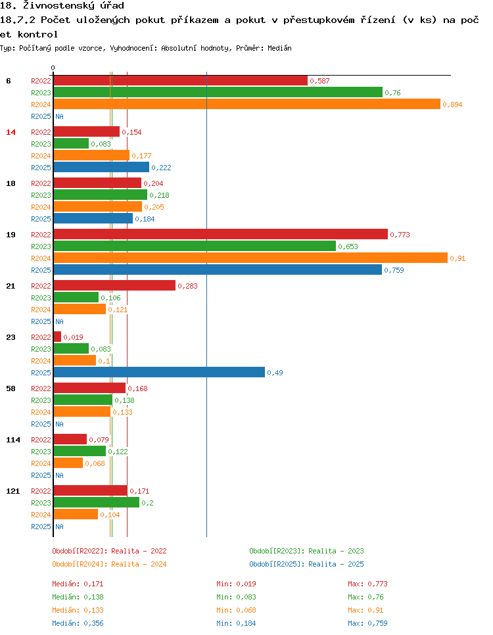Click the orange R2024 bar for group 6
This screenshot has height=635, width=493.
tap(246, 104)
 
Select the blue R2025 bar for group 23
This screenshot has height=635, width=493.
tap(159, 372)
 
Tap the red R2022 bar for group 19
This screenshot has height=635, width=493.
tap(220, 234)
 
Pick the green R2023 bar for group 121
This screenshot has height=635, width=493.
tap(97, 502)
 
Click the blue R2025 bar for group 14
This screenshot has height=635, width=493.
tap(101, 167)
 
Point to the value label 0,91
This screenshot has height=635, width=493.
tap(458, 258)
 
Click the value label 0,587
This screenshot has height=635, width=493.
tap(319, 81)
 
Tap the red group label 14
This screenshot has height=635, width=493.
tap(11, 132)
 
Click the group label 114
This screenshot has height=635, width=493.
tap(12, 440)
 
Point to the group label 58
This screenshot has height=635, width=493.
tap(11, 388)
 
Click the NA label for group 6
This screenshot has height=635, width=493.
tap(59, 116)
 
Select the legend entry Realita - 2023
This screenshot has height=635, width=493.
tap(306, 551)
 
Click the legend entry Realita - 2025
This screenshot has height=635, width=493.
tap(306, 564)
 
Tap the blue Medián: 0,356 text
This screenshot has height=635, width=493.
tap(78, 623)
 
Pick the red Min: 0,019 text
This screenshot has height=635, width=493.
tap(236, 584)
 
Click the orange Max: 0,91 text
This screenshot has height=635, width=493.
tap(365, 610)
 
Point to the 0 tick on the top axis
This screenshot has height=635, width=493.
tap(53, 68)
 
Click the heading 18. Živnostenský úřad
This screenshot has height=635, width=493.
tap(62, 6)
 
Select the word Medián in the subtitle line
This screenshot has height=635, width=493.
tap(280, 48)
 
